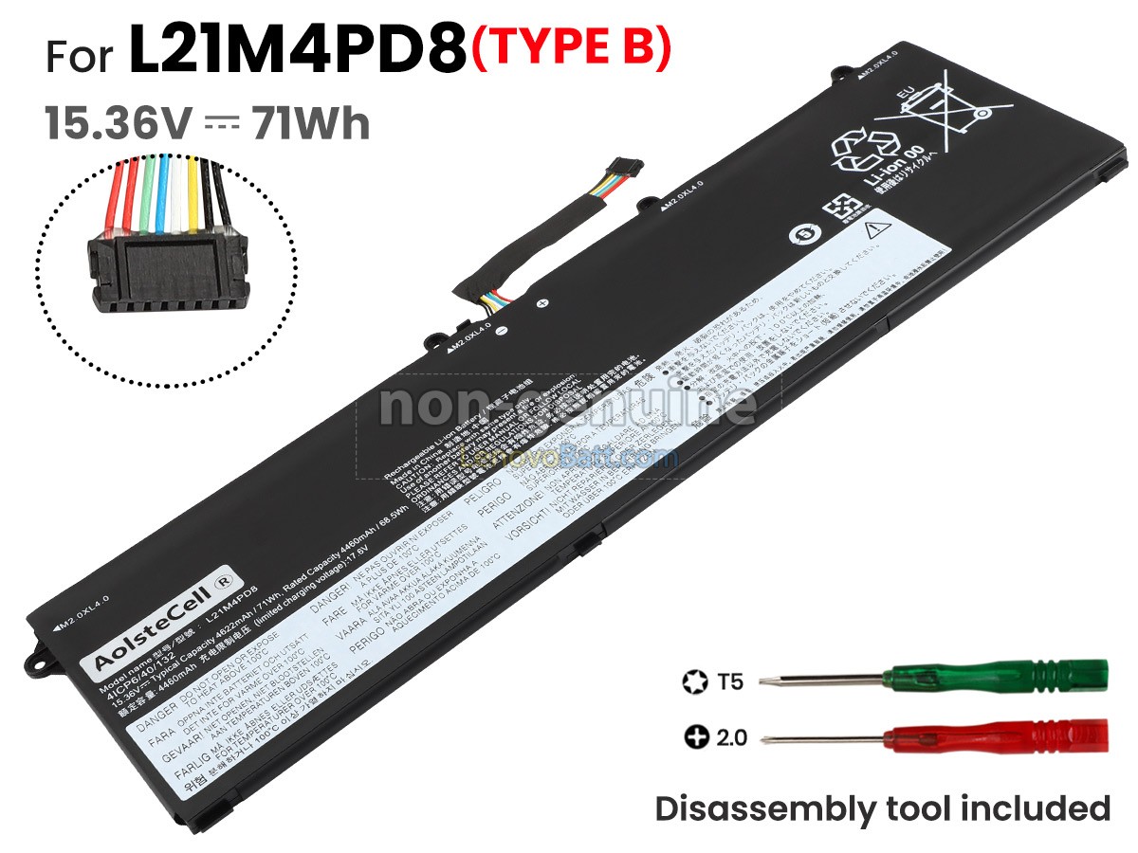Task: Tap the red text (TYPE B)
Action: (572, 50)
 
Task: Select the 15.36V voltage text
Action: (119, 123)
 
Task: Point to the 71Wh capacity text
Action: (310, 123)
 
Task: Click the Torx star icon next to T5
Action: (693, 681)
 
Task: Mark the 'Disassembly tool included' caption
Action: (882, 808)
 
